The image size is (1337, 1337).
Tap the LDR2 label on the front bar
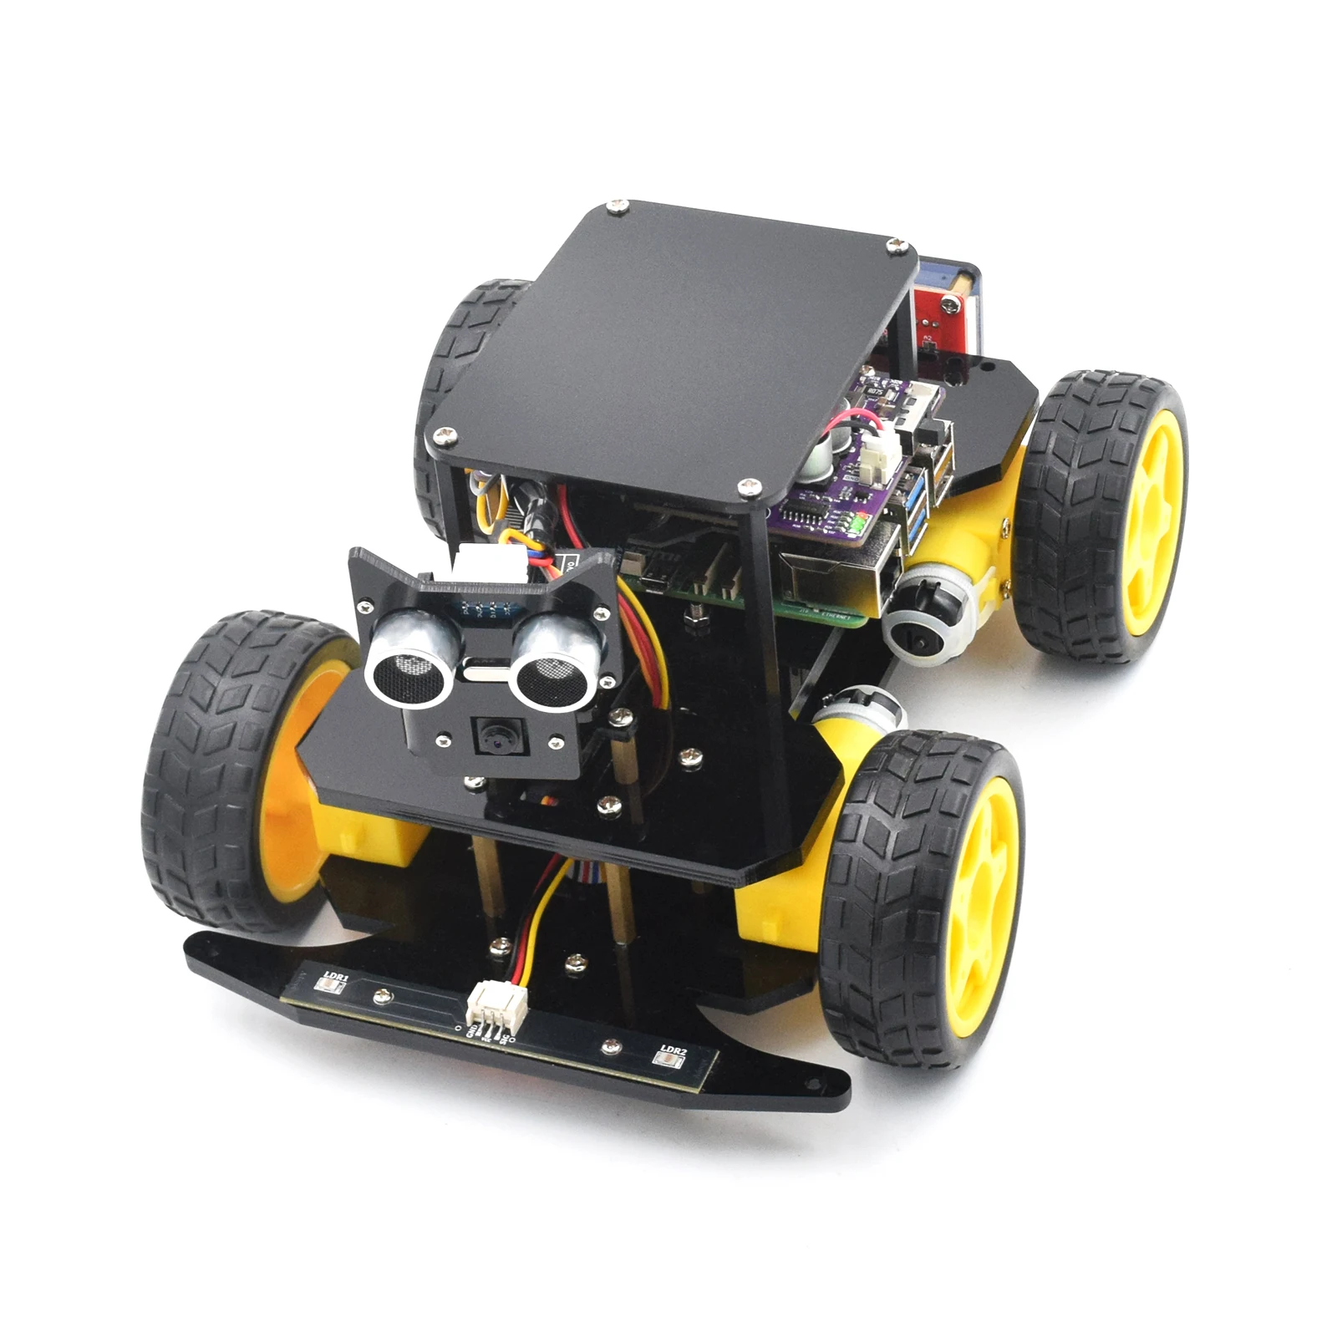click(673, 1050)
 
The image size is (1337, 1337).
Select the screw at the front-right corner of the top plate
click(750, 486)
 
